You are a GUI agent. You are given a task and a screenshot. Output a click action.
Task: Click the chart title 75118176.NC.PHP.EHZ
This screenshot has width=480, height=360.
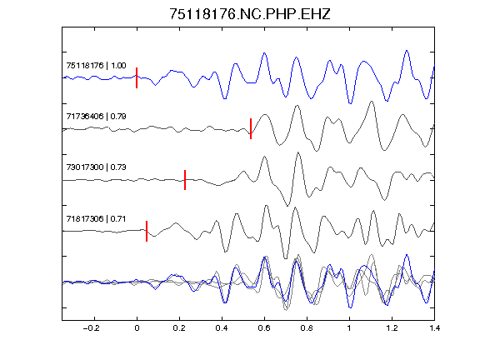click(x=250, y=14)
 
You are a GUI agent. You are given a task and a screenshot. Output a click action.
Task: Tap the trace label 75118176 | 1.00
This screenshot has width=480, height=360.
click(x=96, y=66)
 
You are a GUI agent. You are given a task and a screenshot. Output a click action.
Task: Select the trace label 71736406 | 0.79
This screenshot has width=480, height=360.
click(x=96, y=117)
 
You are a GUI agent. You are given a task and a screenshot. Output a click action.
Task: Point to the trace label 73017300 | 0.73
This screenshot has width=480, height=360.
click(x=96, y=167)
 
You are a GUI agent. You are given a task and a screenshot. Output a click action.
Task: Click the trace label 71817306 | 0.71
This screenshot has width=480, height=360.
click(x=96, y=219)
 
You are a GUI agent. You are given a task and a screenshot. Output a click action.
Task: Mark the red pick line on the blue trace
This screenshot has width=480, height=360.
click(x=137, y=77)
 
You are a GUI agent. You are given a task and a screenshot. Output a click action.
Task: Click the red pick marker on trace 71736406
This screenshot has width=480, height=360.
click(x=251, y=128)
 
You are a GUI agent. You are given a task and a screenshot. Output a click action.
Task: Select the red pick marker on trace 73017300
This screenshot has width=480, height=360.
click(x=185, y=180)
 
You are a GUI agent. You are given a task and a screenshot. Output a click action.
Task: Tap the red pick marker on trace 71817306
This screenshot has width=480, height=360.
click(x=147, y=231)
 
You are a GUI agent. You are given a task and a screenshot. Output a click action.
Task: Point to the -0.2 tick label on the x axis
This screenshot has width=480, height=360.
click(x=91, y=328)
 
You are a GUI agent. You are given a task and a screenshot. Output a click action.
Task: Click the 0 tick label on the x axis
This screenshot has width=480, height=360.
click(x=137, y=328)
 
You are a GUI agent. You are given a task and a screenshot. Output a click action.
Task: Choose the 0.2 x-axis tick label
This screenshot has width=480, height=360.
click(x=179, y=328)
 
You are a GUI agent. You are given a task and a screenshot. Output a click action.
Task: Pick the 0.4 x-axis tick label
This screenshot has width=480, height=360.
click(x=222, y=328)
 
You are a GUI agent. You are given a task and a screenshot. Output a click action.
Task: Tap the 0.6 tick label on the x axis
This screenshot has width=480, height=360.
click(x=264, y=328)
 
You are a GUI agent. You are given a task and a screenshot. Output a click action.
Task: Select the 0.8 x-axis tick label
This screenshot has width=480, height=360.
click(x=307, y=328)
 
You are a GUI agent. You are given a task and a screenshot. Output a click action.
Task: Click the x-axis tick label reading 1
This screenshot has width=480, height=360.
click(x=349, y=328)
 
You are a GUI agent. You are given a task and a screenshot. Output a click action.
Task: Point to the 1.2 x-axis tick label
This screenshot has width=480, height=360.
click(x=392, y=328)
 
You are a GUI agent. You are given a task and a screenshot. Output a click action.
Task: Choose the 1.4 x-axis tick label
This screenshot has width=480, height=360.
click(x=434, y=328)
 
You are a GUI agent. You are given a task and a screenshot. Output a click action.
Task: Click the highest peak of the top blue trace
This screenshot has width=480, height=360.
click(x=407, y=50)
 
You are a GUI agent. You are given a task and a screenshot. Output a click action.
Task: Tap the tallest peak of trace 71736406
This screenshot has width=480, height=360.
click(x=372, y=102)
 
